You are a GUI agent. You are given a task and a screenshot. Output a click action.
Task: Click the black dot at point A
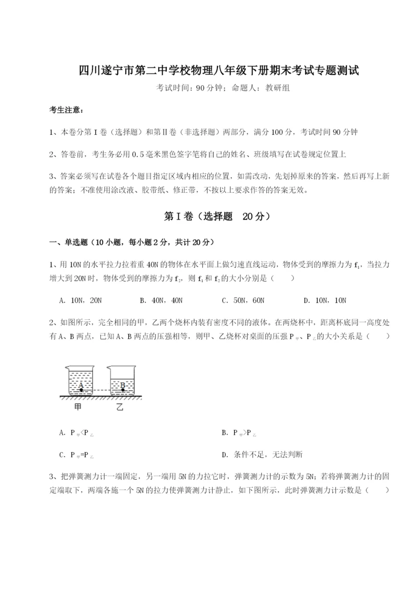[x=80, y=390]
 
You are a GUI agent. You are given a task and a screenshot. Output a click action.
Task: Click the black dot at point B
[x=121, y=390]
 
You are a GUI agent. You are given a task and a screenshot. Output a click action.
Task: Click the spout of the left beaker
[x=65, y=367]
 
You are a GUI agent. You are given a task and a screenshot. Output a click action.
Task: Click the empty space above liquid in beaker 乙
[x=122, y=372]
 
